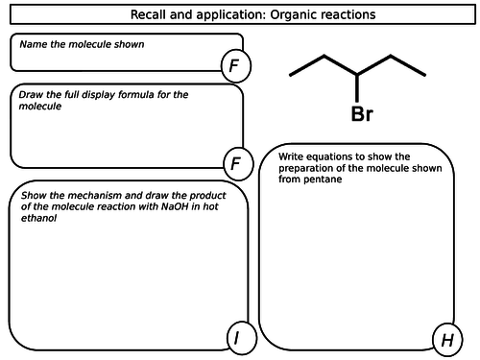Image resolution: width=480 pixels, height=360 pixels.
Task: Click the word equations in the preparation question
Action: point(335,156)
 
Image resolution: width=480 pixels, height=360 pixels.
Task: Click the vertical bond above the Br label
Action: point(357,88)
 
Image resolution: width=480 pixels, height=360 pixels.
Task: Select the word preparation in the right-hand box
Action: point(305,168)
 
